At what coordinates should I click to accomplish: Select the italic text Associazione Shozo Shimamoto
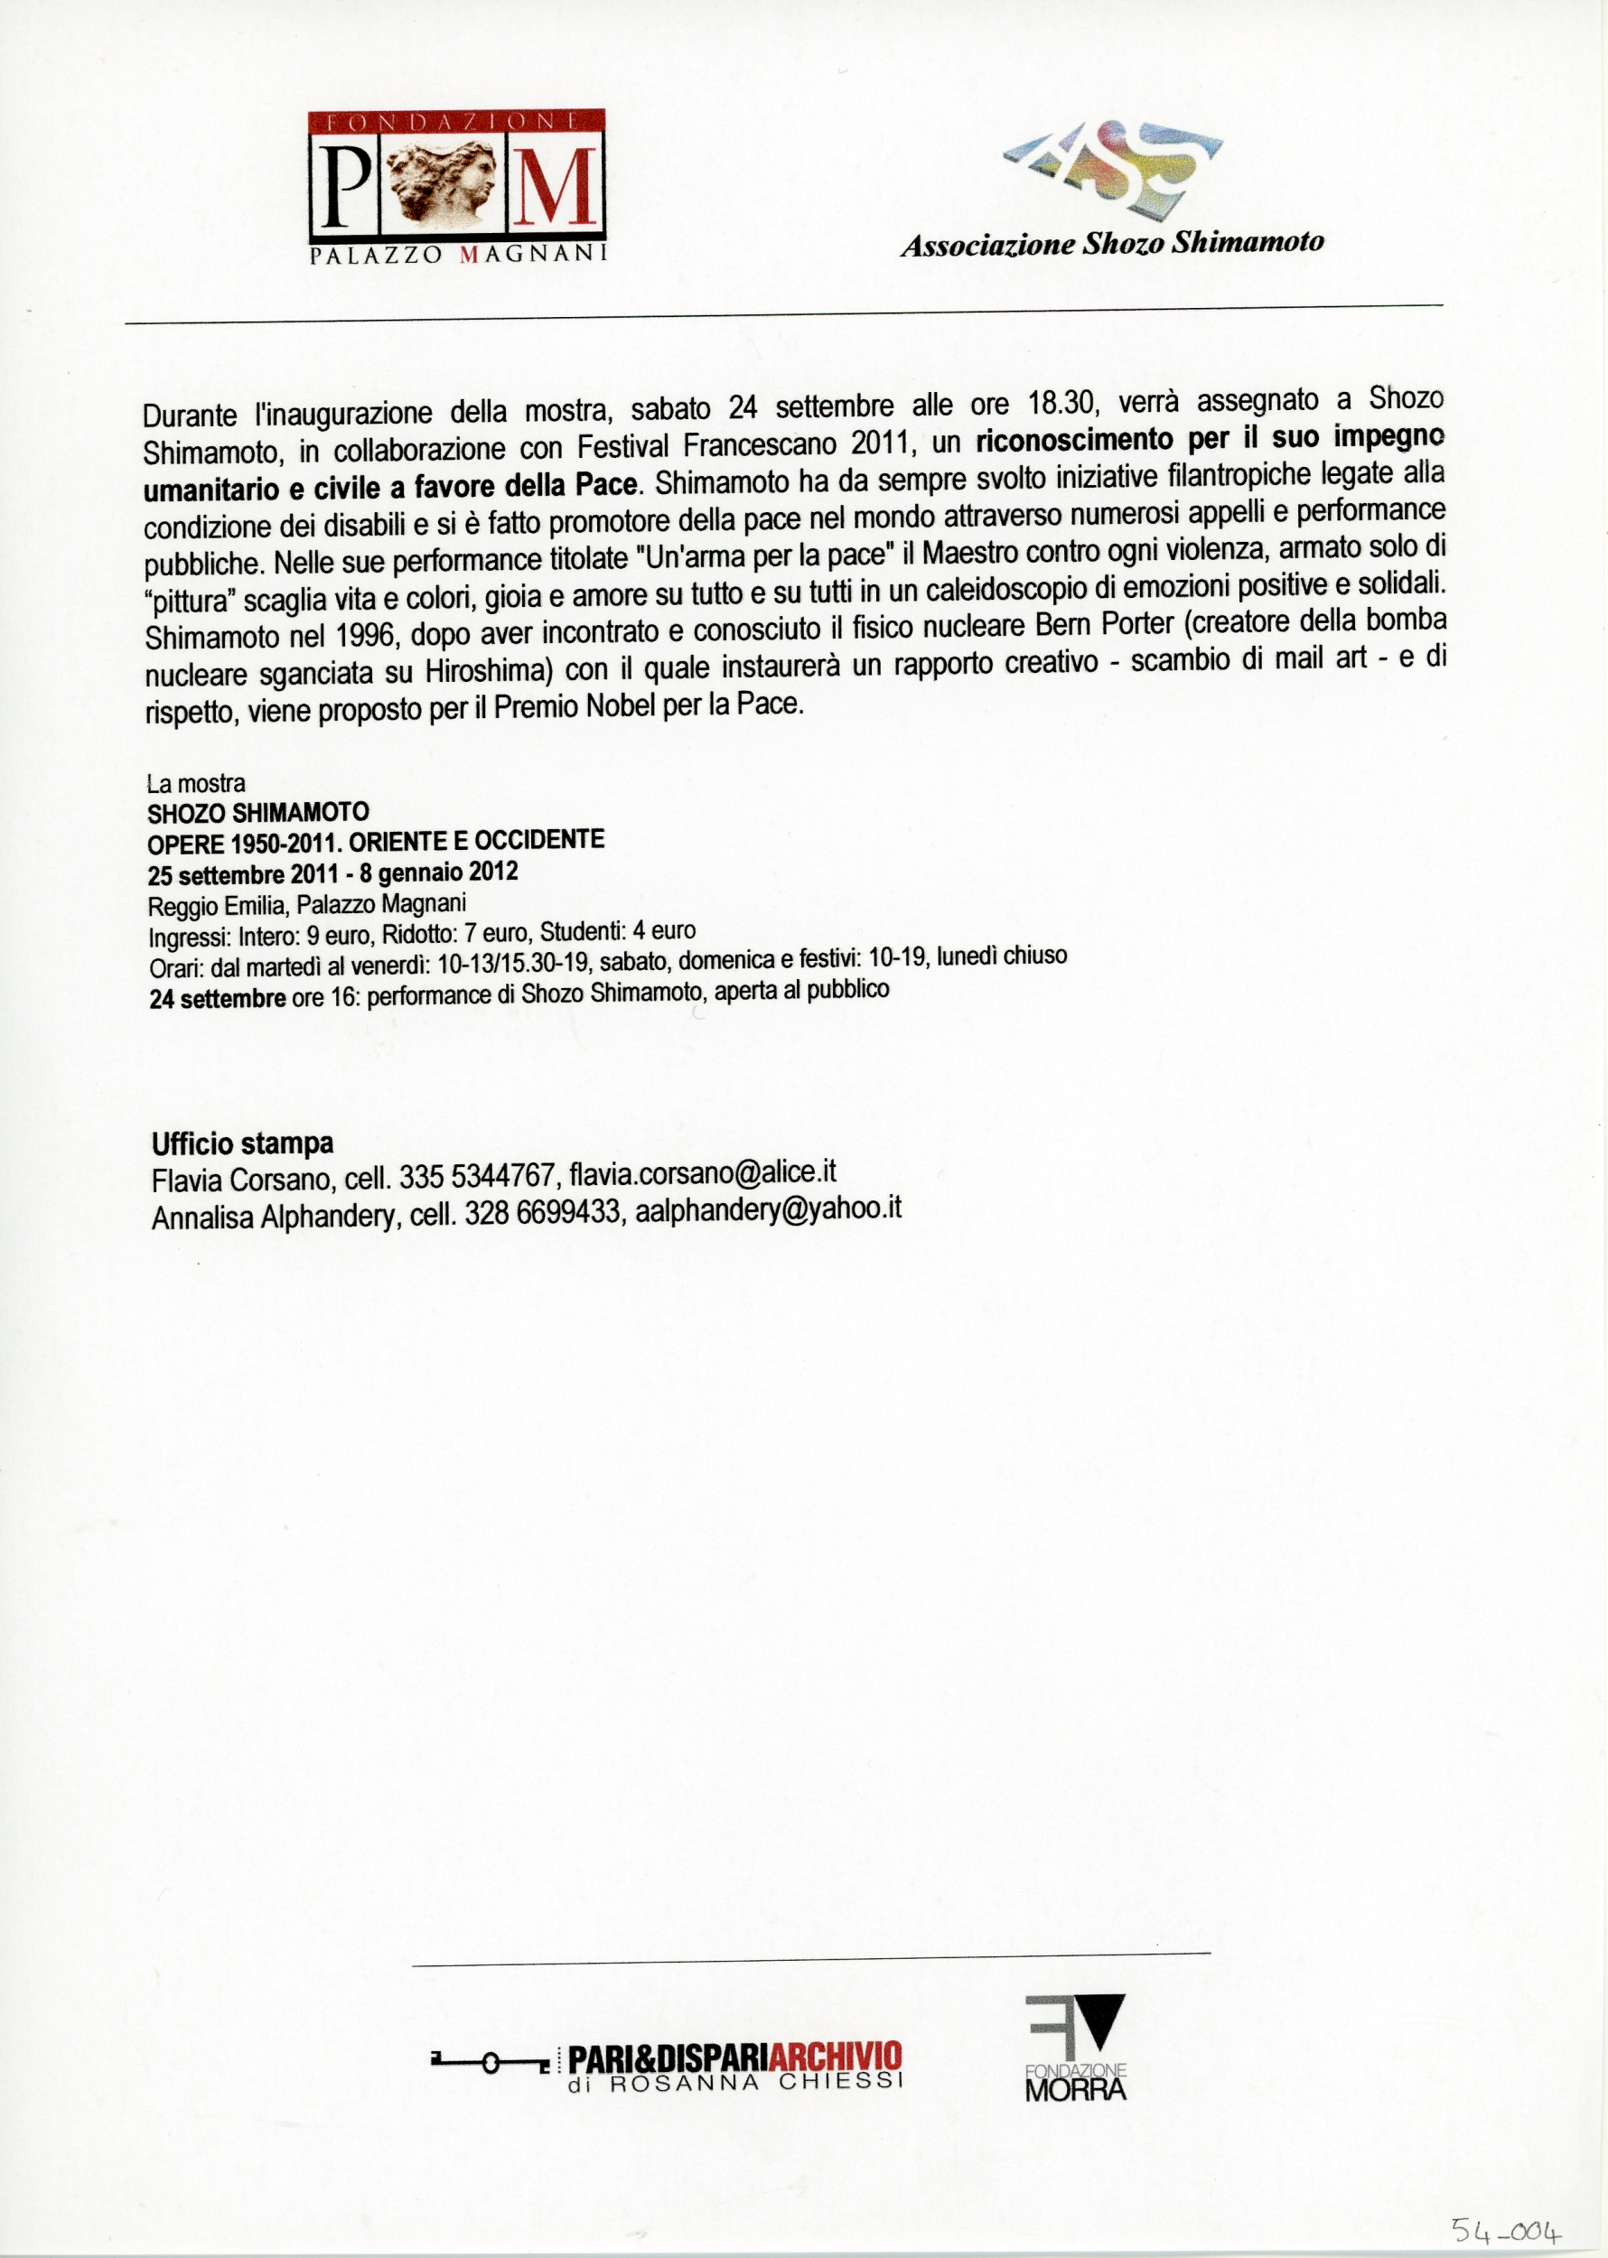[1111, 244]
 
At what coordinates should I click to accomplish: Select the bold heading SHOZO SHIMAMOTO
[258, 813]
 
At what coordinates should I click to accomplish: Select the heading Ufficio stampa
[243, 1144]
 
